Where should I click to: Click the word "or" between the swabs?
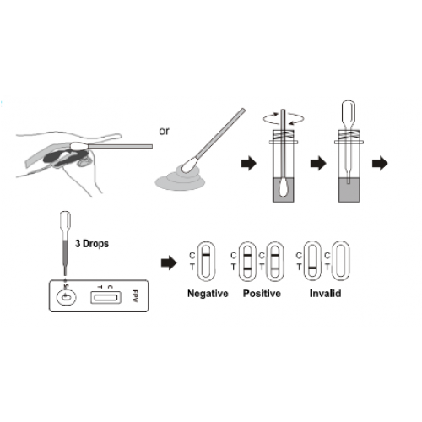pyautogui.click(x=164, y=131)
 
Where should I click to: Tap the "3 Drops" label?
pyautogui.click(x=92, y=244)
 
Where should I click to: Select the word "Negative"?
pyautogui.click(x=208, y=294)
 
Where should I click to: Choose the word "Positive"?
pyautogui.click(x=262, y=294)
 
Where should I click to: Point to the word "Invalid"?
pyautogui.click(x=325, y=294)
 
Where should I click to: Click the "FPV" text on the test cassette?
pyautogui.click(x=135, y=296)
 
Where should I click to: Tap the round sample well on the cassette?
pyautogui.click(x=67, y=297)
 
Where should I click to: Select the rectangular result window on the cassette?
pyautogui.click(x=105, y=297)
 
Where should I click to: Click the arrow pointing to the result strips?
pyautogui.click(x=169, y=263)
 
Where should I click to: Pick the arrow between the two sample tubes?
pyautogui.click(x=318, y=164)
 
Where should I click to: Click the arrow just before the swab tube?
pyautogui.click(x=249, y=164)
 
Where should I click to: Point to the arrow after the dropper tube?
pyautogui.click(x=380, y=164)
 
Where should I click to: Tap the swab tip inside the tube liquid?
pyautogui.click(x=283, y=188)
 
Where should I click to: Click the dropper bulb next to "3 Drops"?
pyautogui.click(x=65, y=221)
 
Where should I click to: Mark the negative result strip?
pyautogui.click(x=206, y=262)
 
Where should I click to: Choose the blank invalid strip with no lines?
pyautogui.click(x=341, y=261)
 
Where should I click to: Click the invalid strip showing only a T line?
pyautogui.click(x=312, y=261)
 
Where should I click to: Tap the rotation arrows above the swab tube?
pyautogui.click(x=284, y=119)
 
